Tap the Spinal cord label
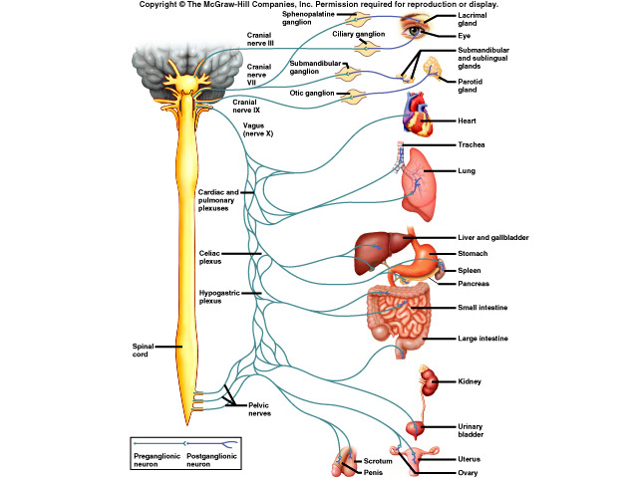[147, 350]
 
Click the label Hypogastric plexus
[222, 296]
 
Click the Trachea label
[472, 144]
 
